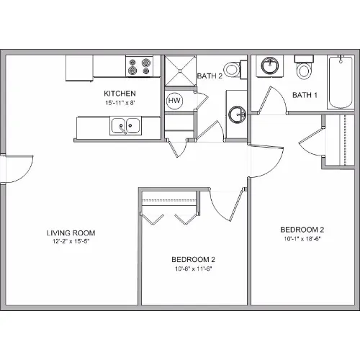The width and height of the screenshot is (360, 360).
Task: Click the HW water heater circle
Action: [174, 101]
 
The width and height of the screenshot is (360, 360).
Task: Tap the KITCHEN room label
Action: [120, 94]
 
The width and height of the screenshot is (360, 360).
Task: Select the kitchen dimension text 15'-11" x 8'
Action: [120, 103]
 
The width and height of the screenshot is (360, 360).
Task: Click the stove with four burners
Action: [140, 66]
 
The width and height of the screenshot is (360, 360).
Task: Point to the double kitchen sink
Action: [125, 125]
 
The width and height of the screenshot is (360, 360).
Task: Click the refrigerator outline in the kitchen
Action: [79, 68]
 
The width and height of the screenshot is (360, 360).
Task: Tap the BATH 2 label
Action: [210, 76]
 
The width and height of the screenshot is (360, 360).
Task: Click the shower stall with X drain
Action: [180, 71]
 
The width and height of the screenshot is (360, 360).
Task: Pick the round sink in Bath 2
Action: [237, 114]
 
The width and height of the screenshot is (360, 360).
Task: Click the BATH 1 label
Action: [305, 95]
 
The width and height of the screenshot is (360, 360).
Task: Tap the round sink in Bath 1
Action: [270, 66]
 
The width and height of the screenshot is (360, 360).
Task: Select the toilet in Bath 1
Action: [304, 67]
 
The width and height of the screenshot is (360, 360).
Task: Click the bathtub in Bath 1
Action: [341, 82]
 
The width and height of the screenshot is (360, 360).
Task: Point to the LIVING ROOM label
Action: [71, 233]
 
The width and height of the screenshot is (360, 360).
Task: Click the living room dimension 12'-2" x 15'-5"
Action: [71, 241]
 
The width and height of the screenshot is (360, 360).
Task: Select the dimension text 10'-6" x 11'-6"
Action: [194, 269]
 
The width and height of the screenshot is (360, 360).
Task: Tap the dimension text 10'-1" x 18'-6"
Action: [302, 239]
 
